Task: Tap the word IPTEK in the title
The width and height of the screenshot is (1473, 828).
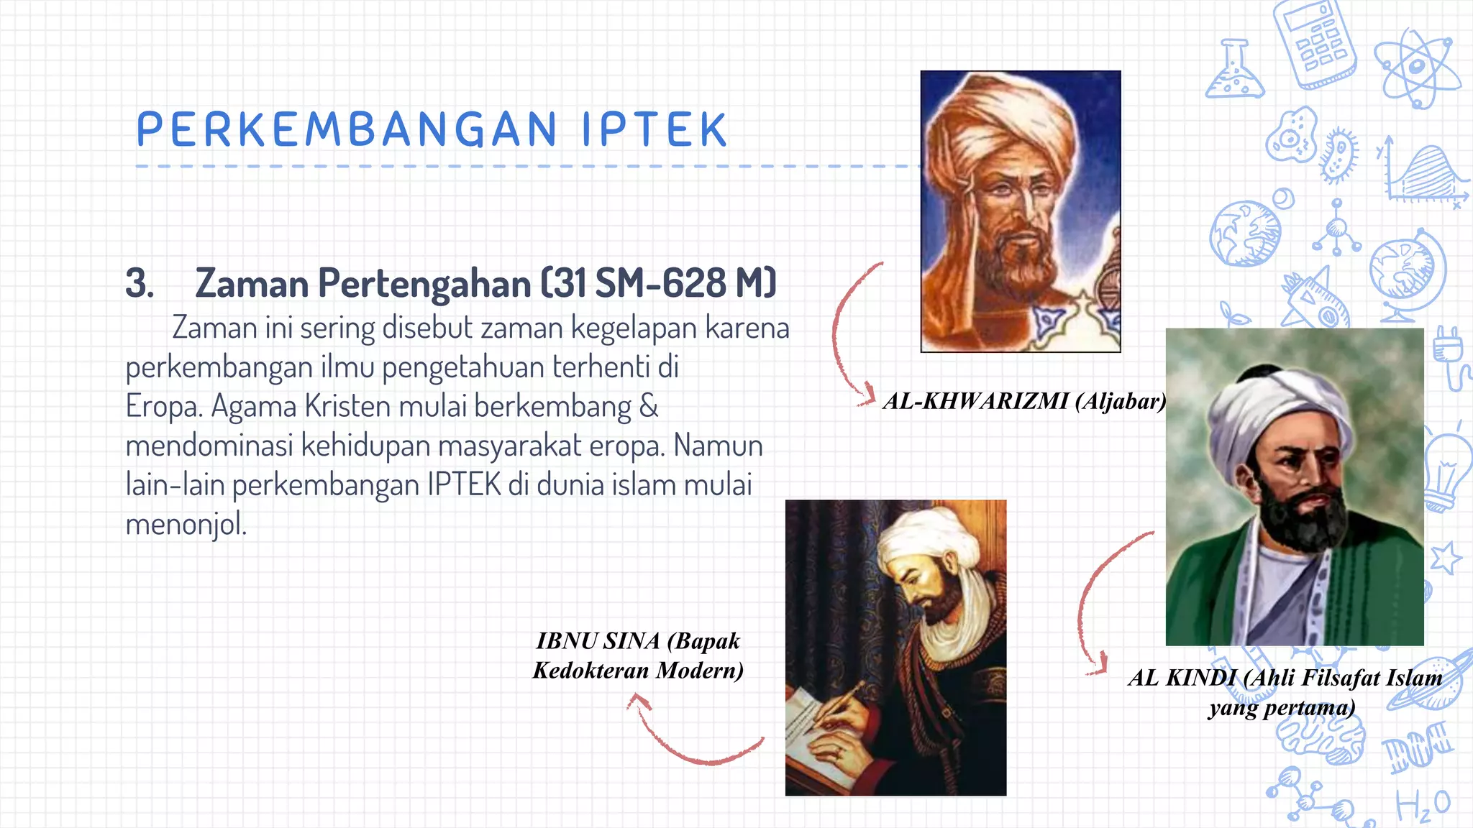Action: tap(655, 130)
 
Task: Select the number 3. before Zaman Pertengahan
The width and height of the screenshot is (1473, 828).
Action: tap(140, 283)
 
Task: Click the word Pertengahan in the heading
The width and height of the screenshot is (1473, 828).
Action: tap(424, 283)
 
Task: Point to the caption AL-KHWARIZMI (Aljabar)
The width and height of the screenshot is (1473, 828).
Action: tap(1024, 401)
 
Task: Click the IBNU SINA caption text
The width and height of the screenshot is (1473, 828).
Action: tap(638, 655)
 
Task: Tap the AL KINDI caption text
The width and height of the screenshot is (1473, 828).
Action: tap(1285, 691)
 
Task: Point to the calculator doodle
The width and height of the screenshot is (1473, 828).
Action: tap(1315, 43)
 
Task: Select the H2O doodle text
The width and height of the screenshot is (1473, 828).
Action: tap(1423, 805)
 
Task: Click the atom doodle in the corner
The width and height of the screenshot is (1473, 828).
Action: tap(1415, 68)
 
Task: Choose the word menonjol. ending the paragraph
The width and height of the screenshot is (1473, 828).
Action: tap(186, 525)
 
